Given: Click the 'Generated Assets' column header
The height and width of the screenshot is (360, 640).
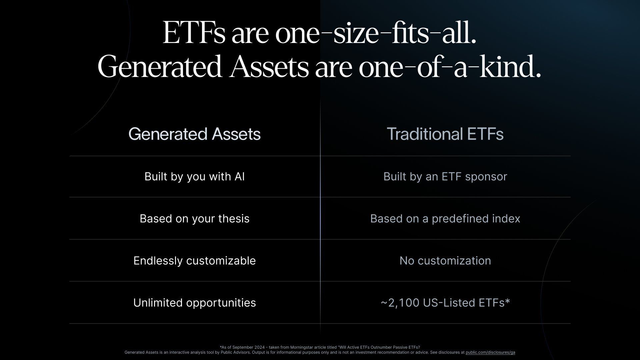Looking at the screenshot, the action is [x=194, y=134].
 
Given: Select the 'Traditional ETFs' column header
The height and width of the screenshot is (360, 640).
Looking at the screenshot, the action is [x=445, y=134].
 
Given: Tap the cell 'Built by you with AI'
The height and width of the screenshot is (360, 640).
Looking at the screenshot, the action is [x=195, y=177].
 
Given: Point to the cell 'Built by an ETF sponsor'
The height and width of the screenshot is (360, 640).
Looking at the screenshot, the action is [x=445, y=177].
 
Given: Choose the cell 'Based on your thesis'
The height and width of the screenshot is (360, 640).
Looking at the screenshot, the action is [x=195, y=219].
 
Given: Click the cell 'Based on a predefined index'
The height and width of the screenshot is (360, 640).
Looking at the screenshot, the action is [x=445, y=219].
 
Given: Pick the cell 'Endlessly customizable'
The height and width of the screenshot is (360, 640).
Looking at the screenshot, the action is [x=195, y=261].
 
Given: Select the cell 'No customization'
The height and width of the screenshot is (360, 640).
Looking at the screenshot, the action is [x=445, y=261].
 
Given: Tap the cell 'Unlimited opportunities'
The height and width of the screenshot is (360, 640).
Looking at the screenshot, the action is [x=195, y=303].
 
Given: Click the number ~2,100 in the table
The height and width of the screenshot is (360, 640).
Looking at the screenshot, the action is [x=400, y=303].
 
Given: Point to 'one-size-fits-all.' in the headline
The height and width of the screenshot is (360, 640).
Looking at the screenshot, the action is [x=376, y=33].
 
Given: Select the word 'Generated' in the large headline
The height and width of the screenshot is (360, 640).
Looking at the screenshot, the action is [x=160, y=67].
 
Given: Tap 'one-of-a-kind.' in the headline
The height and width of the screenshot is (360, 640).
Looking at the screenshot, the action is [x=450, y=67].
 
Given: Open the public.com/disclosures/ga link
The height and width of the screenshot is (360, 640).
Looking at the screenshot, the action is [x=490, y=352].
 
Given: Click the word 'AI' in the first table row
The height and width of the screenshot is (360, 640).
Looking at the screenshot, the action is [x=240, y=176].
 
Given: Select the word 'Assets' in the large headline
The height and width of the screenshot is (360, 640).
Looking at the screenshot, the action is [x=269, y=67].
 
